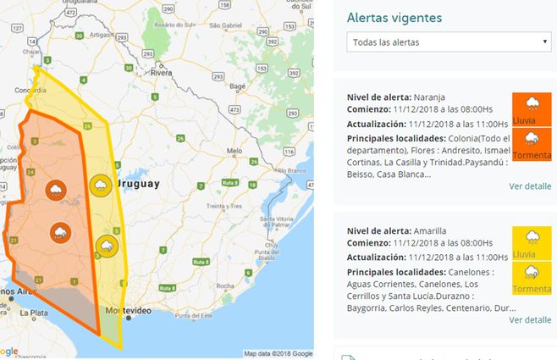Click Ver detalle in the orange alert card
(530, 186)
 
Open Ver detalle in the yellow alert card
(530, 319)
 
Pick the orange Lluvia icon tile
(532, 109)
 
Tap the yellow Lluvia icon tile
(532, 242)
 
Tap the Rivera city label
(161, 75)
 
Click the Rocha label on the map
(224, 286)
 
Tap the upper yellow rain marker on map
(99, 186)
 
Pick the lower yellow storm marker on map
(107, 246)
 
